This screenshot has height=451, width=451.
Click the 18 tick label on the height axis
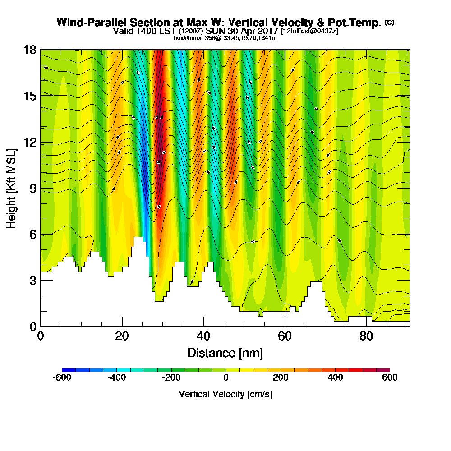click(x=30, y=50)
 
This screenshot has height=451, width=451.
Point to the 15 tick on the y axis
click(x=30, y=96)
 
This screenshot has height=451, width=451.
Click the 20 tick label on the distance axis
click(x=122, y=336)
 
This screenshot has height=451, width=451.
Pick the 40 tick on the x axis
click(x=203, y=336)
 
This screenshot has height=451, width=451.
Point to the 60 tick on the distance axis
click(x=285, y=336)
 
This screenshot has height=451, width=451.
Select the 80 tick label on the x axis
click(x=366, y=336)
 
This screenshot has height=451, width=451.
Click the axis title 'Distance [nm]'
click(x=225, y=352)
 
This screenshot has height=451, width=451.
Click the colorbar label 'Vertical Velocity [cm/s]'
click(x=225, y=394)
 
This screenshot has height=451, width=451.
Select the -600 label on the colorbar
click(x=62, y=377)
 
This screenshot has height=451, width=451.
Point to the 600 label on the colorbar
click(x=390, y=377)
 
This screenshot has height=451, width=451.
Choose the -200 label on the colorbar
click(x=171, y=377)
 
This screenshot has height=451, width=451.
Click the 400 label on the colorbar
click(x=335, y=377)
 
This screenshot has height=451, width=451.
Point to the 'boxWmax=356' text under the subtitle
click(x=190, y=38)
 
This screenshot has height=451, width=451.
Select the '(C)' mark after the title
click(x=389, y=22)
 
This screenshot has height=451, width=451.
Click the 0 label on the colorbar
click(x=226, y=377)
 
